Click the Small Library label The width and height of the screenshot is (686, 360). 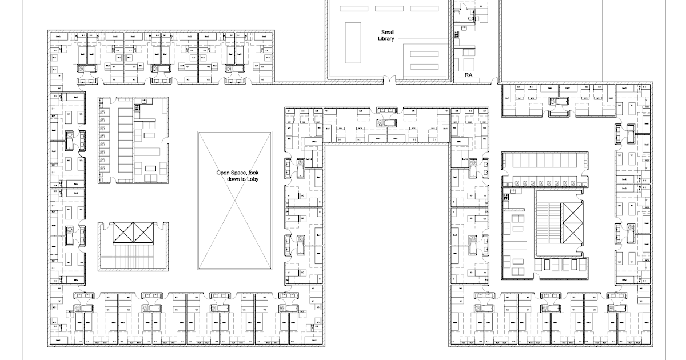click(386, 35)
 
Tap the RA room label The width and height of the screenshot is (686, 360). click(469, 75)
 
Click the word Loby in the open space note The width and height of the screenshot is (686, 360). click(250, 179)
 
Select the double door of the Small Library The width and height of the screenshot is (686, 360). click(389, 80)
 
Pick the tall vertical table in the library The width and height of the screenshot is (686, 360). click(353, 42)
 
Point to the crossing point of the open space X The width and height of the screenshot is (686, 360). click(235, 200)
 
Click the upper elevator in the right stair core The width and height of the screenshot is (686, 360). click(572, 213)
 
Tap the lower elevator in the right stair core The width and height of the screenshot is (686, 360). click(572, 235)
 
